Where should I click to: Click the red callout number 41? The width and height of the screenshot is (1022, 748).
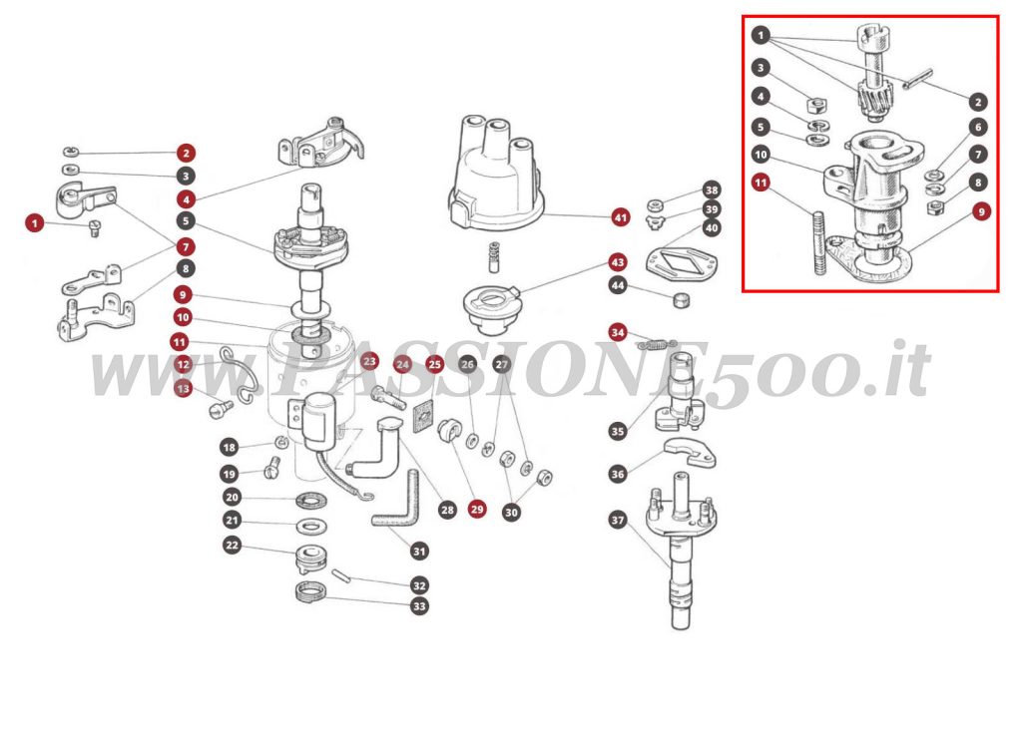pos(621,216)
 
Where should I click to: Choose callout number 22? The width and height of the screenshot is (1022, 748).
pos(232,545)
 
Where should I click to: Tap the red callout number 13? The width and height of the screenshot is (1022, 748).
pos(183,389)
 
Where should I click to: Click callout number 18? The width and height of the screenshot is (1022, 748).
pos(230,448)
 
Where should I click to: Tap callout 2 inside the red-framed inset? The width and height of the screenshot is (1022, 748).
pos(977,101)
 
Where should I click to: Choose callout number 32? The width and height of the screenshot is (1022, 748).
pos(419,585)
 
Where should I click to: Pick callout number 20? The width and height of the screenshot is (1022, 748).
pos(232,497)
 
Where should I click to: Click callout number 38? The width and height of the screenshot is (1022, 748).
pos(711,189)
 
